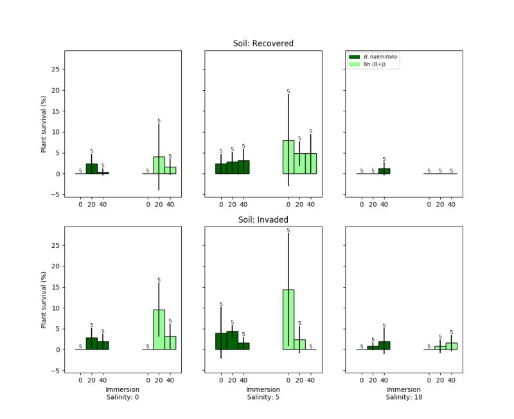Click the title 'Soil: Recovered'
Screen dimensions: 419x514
click(263, 44)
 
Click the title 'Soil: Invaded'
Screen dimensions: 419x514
click(263, 219)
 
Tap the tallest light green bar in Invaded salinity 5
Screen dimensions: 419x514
click(288, 319)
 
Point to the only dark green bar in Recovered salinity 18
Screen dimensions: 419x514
click(384, 171)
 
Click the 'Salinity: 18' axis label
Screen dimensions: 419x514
click(403, 398)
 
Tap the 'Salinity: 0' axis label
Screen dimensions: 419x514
click(123, 398)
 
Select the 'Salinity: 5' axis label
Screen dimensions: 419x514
click(263, 398)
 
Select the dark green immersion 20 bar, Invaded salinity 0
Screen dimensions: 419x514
click(91, 344)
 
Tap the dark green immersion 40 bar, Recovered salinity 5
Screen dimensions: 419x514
click(244, 167)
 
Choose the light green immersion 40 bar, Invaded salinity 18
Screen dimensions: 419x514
click(452, 346)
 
